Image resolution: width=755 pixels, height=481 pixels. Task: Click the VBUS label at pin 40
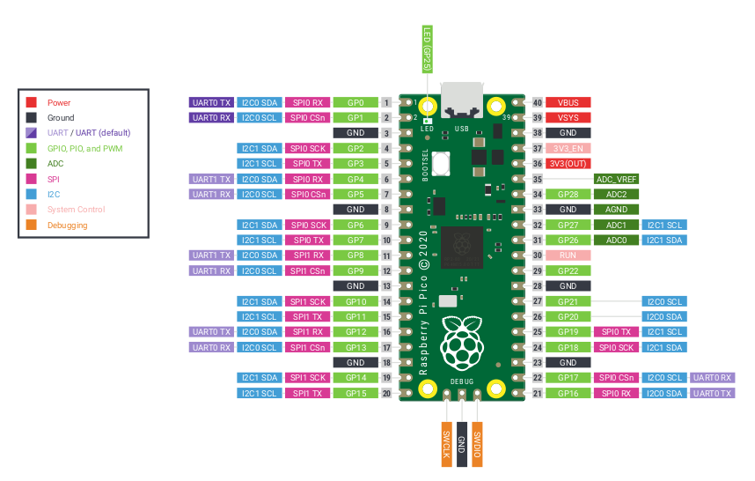point(568,102)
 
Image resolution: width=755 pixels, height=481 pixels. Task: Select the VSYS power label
point(568,117)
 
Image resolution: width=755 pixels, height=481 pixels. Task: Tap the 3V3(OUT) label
point(568,163)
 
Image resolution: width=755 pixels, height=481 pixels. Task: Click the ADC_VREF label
point(616,179)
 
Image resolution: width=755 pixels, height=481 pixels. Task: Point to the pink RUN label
point(568,255)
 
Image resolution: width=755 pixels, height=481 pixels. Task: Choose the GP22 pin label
point(568,270)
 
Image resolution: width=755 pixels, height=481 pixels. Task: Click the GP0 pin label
point(356,102)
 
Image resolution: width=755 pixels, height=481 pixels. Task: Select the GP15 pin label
point(356,393)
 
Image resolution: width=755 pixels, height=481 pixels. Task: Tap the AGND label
point(616,210)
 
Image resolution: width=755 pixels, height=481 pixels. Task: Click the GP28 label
point(568,194)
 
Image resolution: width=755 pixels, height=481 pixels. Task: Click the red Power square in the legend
point(32,102)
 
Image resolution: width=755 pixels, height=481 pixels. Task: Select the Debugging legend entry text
point(68,226)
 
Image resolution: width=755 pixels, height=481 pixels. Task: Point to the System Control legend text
point(76,210)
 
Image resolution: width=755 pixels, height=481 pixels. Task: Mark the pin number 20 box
point(386,393)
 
